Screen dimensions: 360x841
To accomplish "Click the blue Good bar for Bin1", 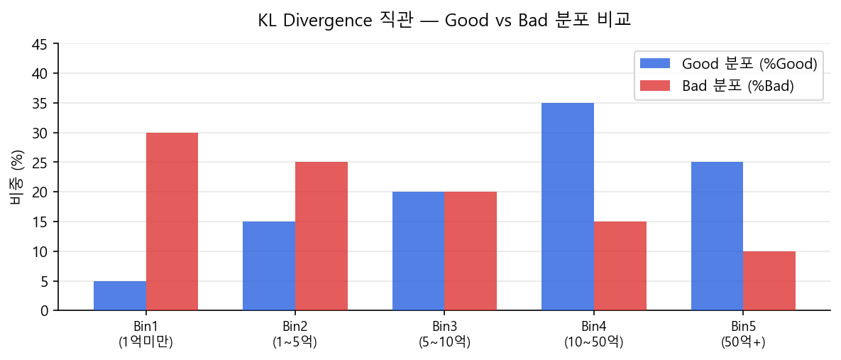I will coord(120,295).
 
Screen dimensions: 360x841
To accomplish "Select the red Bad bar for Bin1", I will coord(172,222).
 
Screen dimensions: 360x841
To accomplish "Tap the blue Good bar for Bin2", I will coord(269,266).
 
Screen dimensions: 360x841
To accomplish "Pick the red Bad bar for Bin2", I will coord(321,236).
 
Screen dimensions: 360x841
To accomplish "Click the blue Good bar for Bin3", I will coord(418,251).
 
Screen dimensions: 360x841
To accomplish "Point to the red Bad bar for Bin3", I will coord(471,251).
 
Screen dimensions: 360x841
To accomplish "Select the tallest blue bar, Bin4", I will coord(568,207).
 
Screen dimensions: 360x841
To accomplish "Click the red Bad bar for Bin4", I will coord(620,266).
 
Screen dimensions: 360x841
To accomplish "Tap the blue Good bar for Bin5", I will coord(717,236).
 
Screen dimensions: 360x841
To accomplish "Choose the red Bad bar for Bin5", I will coord(769,281).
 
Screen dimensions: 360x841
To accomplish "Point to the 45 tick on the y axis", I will coord(40,44).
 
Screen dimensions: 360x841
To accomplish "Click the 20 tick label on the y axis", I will coord(40,192).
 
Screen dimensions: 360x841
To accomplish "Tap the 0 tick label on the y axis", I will coord(44,311).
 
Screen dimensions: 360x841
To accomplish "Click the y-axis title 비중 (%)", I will coord(16,178).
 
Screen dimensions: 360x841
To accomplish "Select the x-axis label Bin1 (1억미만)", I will coord(145,334).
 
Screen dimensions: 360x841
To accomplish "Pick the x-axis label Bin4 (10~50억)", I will coord(593,334).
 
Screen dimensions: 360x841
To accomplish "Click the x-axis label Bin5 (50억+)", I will coord(743,334).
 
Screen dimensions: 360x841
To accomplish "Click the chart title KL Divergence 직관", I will coord(444,21).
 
